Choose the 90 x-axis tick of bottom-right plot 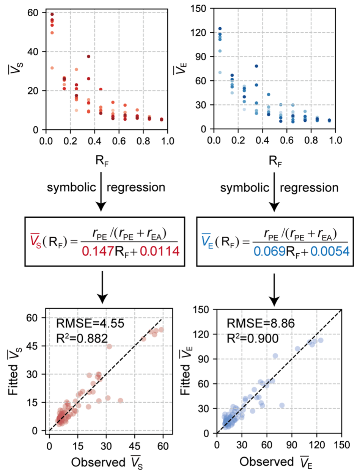click(292, 443)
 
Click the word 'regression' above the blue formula click(309, 187)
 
